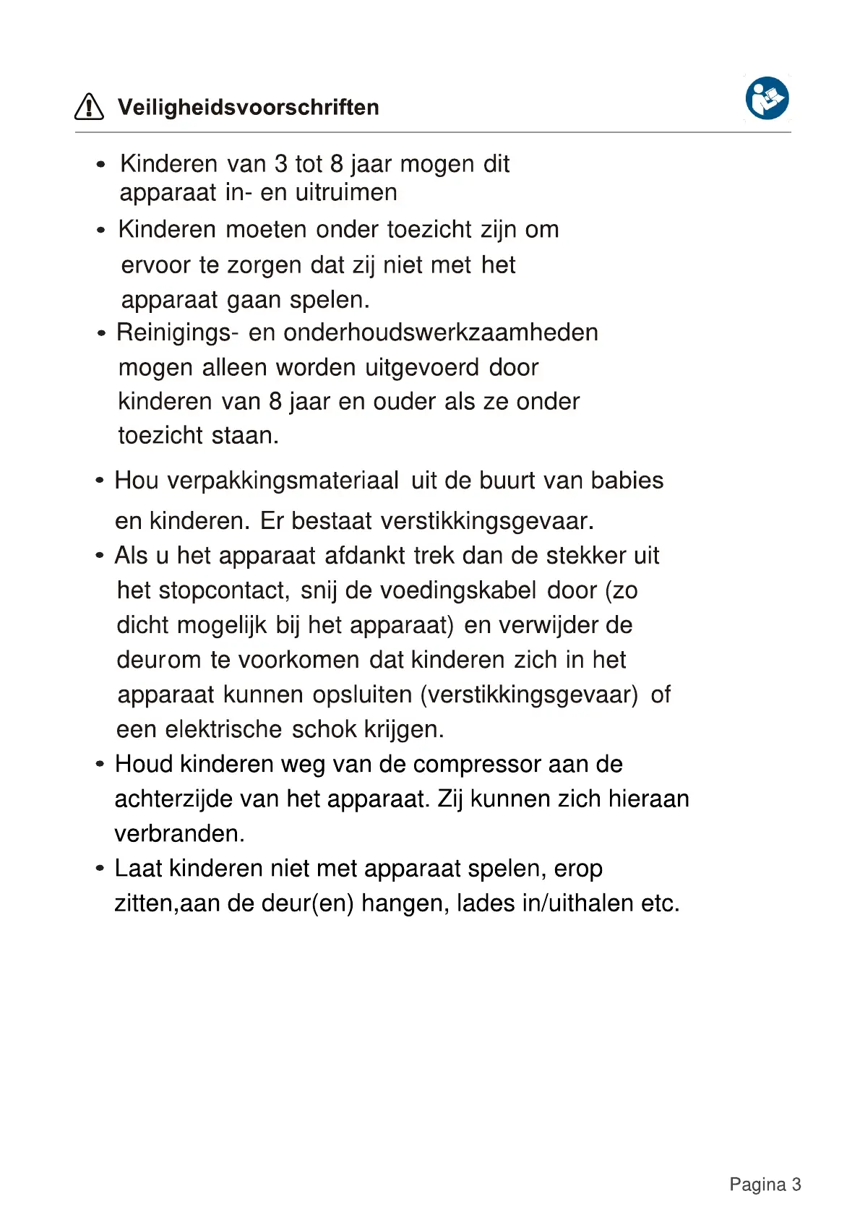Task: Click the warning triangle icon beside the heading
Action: coord(89,107)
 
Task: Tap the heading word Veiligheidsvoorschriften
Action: coord(248,108)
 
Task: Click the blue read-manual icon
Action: coord(767,98)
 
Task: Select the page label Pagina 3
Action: coord(765,1184)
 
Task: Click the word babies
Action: coord(627,481)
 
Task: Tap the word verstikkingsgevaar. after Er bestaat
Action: coord(487,521)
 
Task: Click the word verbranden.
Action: coord(179,834)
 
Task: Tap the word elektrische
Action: coord(223,729)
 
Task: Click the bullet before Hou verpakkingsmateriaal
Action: coord(100,481)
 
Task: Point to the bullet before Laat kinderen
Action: coord(100,868)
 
